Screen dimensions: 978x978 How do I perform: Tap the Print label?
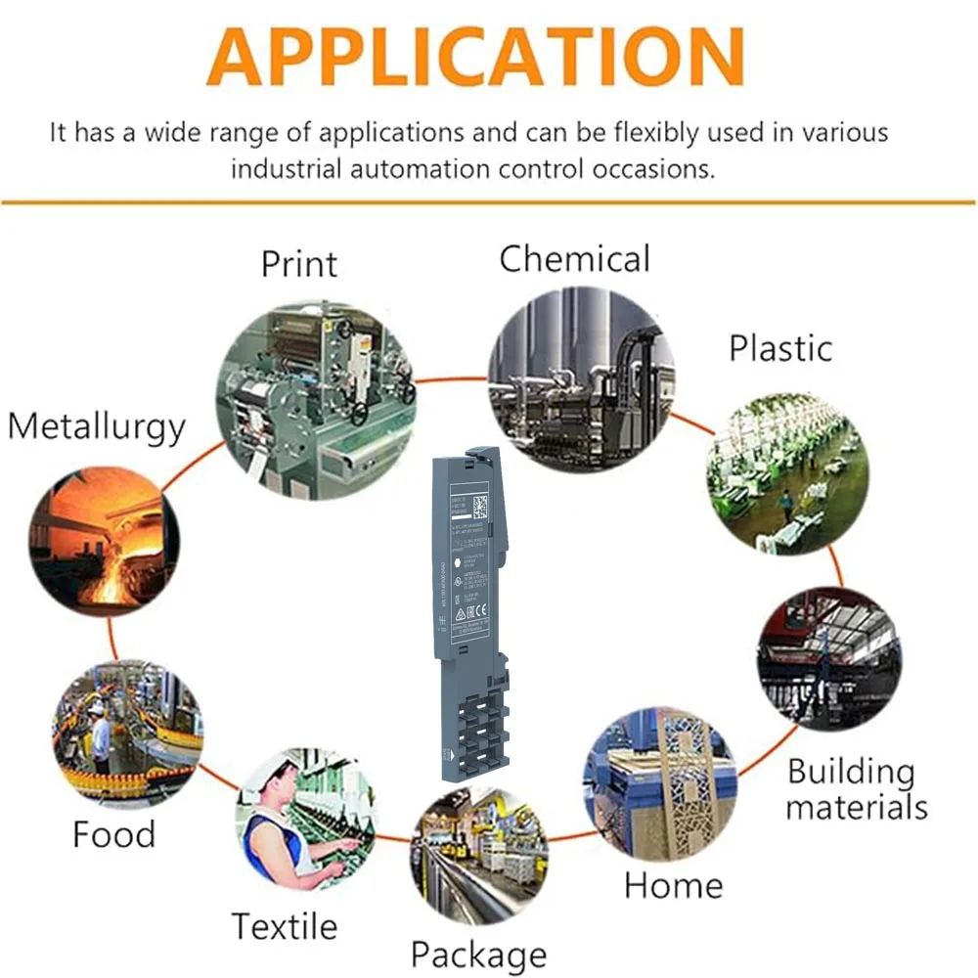point(299,263)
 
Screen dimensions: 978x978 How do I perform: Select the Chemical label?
point(574,259)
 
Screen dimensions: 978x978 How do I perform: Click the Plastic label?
point(780,348)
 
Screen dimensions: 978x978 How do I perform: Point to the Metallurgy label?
point(96,427)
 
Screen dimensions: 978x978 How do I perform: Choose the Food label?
point(113,834)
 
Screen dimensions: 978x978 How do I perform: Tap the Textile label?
point(284,925)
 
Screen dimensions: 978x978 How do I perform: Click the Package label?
point(478,954)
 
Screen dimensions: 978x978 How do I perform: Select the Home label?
point(673,885)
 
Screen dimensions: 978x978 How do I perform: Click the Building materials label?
point(856,789)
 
